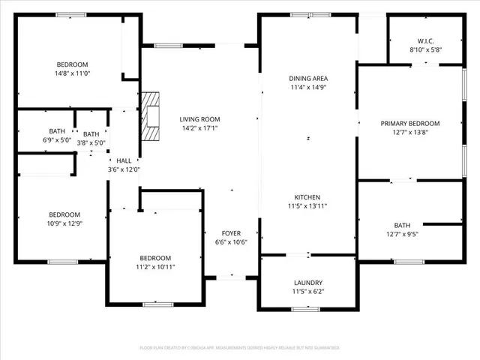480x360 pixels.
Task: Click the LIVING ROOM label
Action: tap(199, 118)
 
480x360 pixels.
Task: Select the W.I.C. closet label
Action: tap(425, 40)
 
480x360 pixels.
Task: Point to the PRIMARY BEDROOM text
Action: tap(409, 123)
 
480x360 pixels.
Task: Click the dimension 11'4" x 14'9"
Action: tap(308, 88)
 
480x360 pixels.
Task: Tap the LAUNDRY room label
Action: tap(308, 282)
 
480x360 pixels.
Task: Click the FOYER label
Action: tap(230, 233)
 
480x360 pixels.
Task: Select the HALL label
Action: tap(124, 160)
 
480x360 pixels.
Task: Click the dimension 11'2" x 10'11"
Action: tap(154, 267)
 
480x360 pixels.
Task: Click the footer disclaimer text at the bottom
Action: tap(240, 348)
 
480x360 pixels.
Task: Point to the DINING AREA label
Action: tap(308, 78)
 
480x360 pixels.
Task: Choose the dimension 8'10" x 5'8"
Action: tap(425, 49)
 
